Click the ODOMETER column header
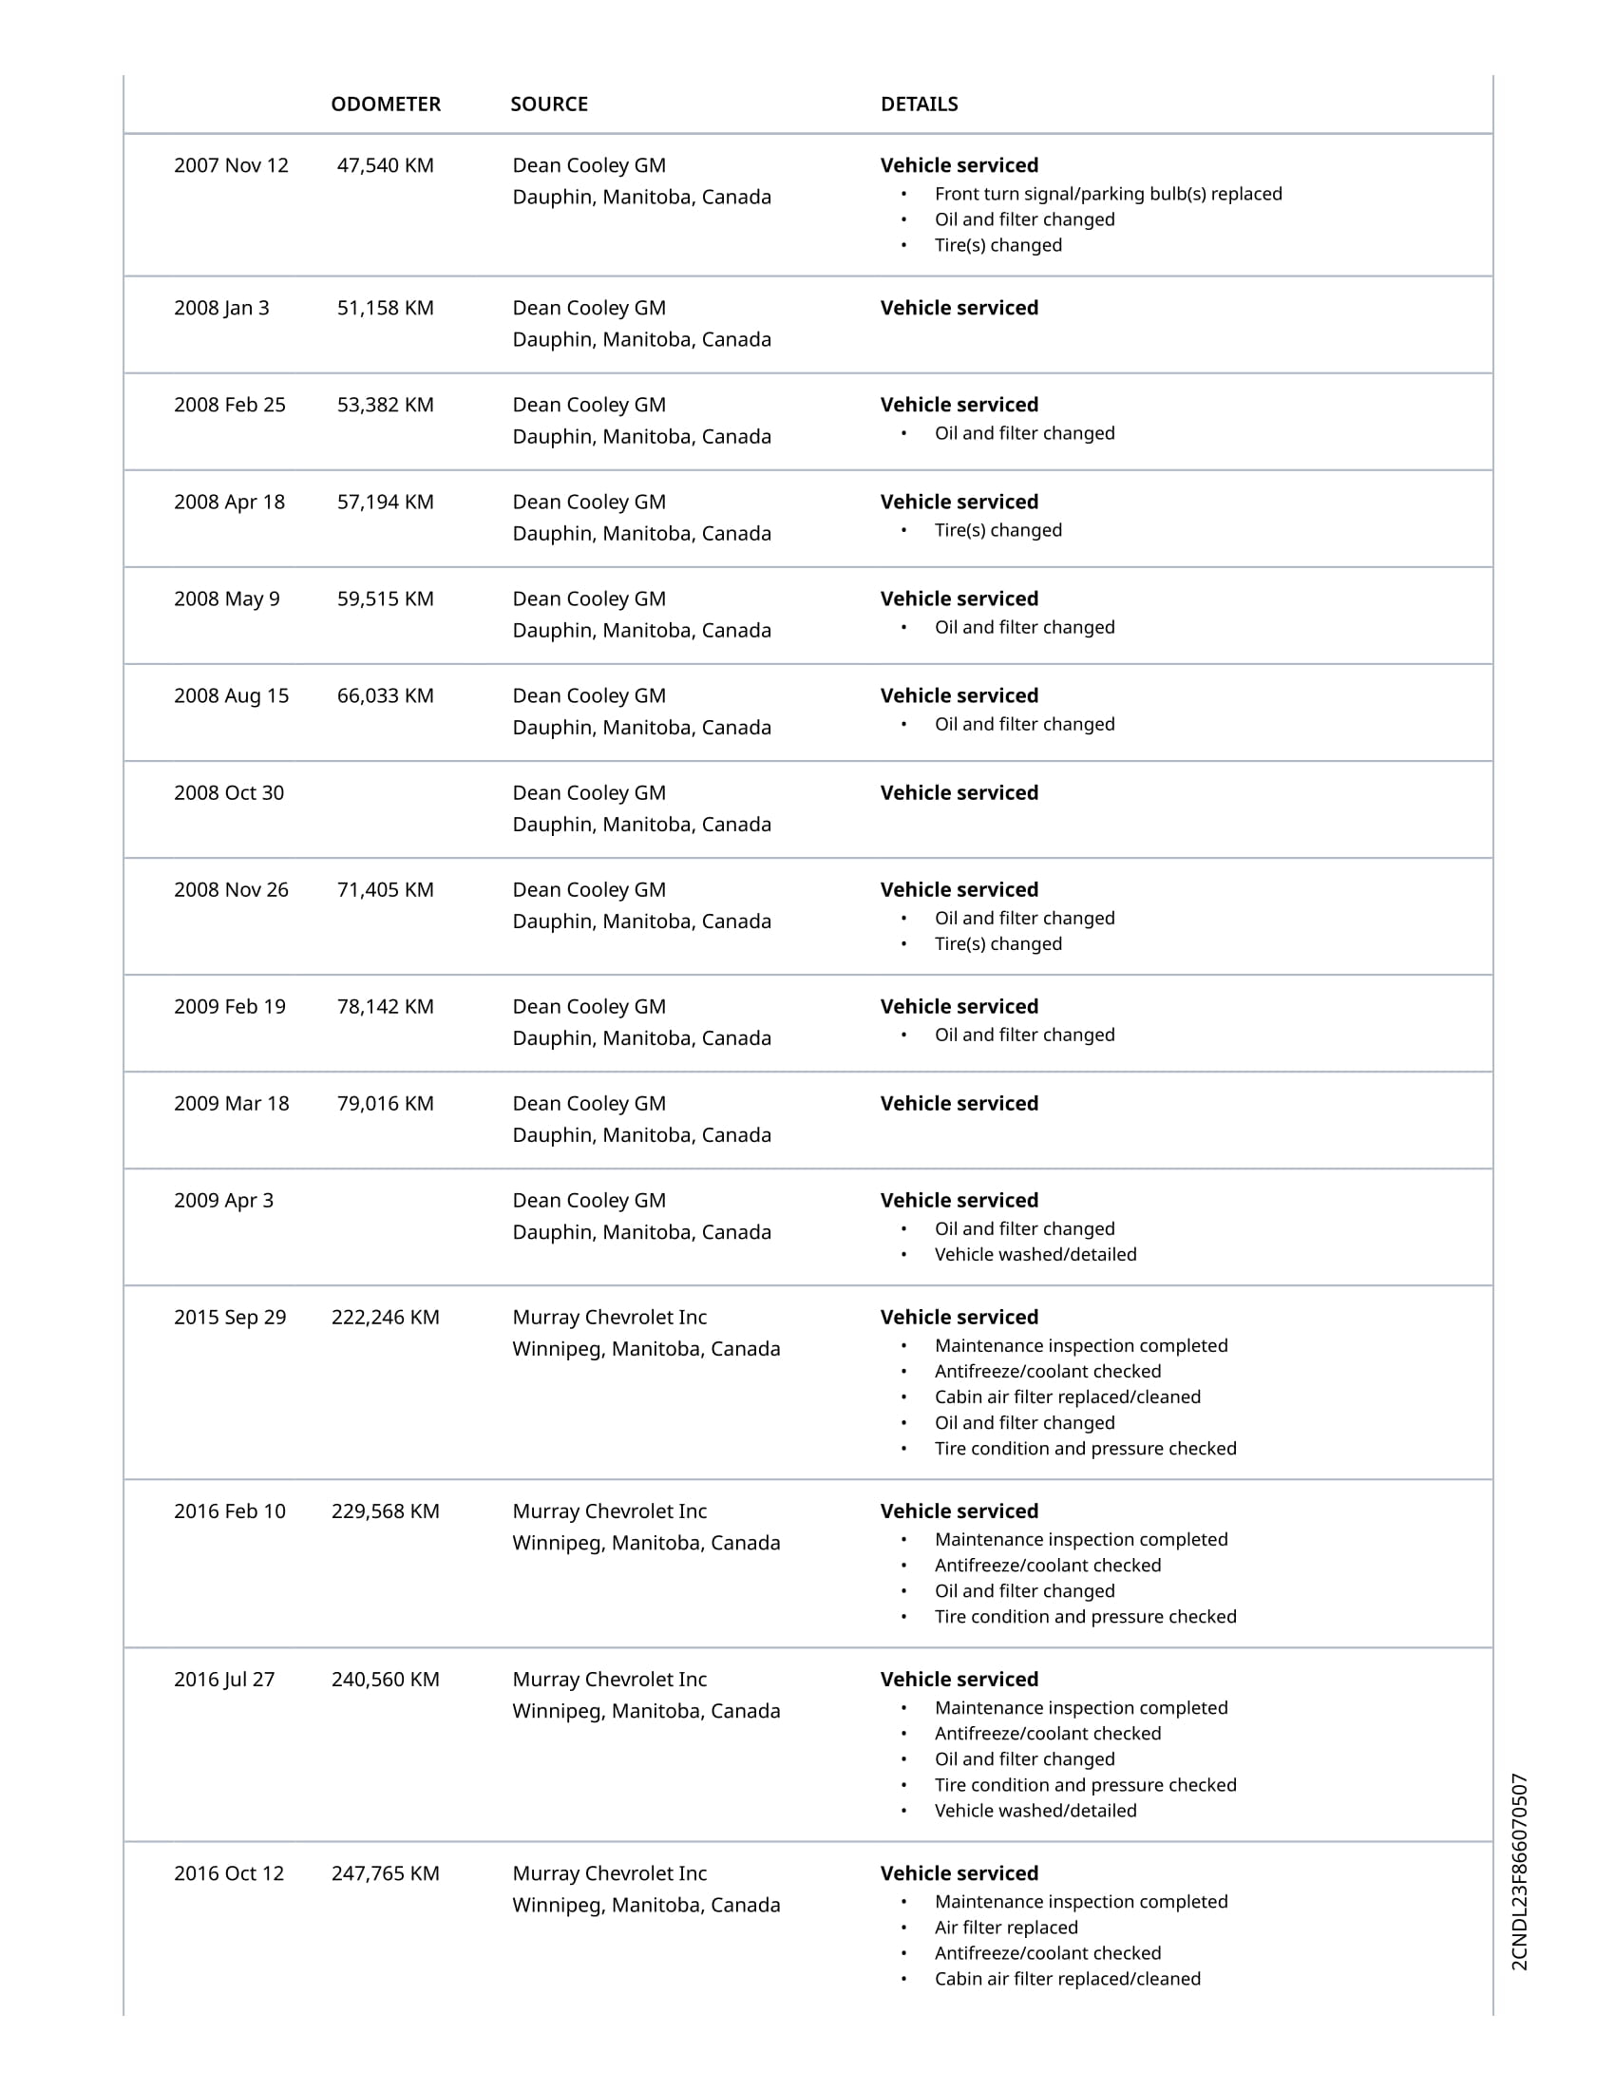tap(386, 104)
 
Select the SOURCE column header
tap(549, 104)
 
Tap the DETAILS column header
tap(919, 104)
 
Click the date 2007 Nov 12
tap(231, 165)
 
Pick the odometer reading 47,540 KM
tap(385, 165)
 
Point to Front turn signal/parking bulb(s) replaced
tap(1108, 194)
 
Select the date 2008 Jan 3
tap(221, 308)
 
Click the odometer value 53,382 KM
tap(385, 405)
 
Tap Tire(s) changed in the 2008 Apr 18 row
tap(997, 530)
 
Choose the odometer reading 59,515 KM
tap(385, 599)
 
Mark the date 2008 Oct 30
tap(229, 793)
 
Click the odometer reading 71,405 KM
tap(385, 890)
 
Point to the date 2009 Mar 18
tap(231, 1103)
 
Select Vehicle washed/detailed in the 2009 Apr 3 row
tap(1035, 1255)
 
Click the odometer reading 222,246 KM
tap(386, 1318)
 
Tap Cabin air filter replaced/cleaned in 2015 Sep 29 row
tap(1067, 1397)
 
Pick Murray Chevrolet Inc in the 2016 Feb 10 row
tap(610, 1512)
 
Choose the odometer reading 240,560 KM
tap(386, 1680)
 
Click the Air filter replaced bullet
tap(1005, 1928)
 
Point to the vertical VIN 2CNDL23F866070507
tap(1519, 1871)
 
